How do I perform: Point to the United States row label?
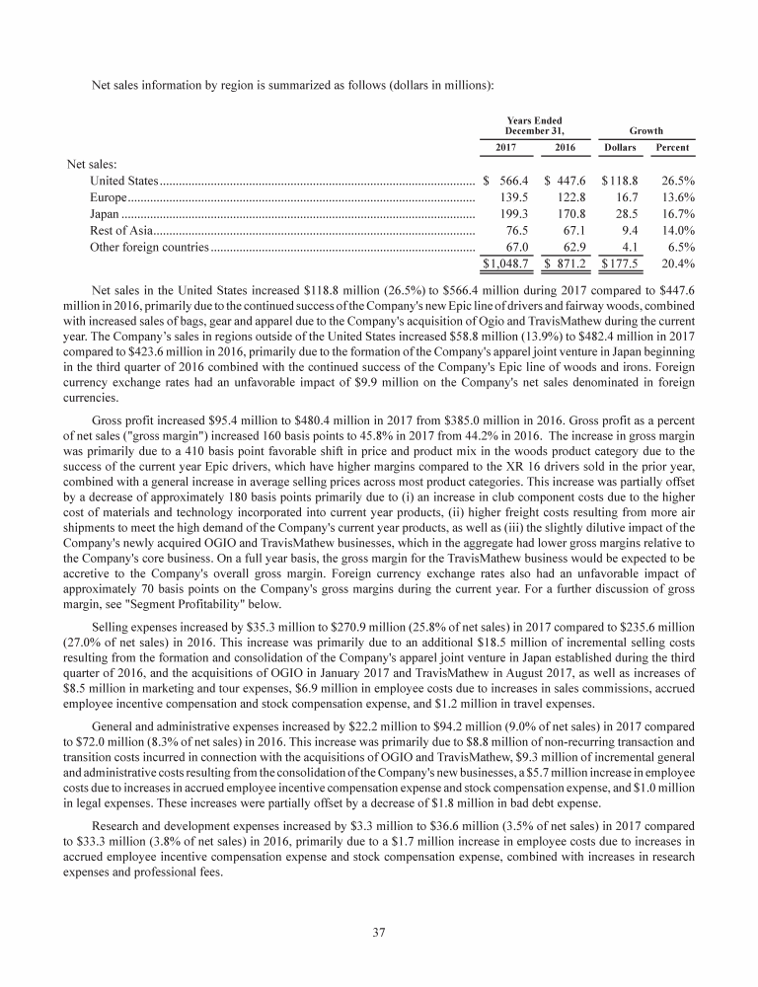[x=123, y=182]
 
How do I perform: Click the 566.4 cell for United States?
[x=513, y=182]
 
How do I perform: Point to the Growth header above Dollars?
[x=646, y=130]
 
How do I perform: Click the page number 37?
[x=378, y=930]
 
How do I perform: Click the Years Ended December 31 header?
[x=534, y=125]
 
